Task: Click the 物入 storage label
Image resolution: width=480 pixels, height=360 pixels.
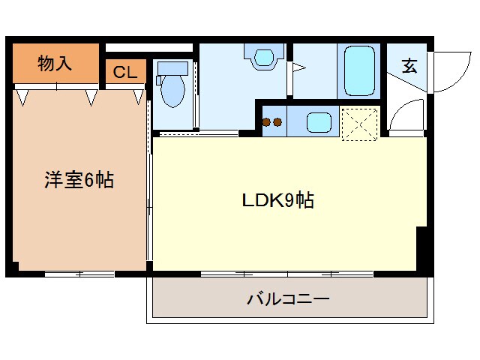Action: pyautogui.click(x=55, y=64)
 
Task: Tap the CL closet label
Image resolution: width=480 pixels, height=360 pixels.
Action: pyautogui.click(x=125, y=73)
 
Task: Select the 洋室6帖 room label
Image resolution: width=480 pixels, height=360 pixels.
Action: pyautogui.click(x=78, y=180)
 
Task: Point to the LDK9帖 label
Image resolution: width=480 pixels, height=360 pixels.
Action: pyautogui.click(x=277, y=200)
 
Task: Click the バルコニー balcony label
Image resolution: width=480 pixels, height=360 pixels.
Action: pyautogui.click(x=288, y=300)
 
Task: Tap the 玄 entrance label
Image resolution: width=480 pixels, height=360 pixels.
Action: pyautogui.click(x=409, y=66)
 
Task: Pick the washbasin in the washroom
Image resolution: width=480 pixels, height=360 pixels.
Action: pyautogui.click(x=264, y=58)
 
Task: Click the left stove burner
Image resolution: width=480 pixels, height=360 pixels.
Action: pyautogui.click(x=268, y=122)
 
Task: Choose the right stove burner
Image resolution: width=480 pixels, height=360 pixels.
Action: pyautogui.click(x=277, y=122)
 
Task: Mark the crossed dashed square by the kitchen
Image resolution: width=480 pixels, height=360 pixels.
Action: pyautogui.click(x=359, y=123)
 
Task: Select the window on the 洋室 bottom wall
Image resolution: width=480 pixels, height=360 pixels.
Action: pyautogui.click(x=79, y=274)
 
